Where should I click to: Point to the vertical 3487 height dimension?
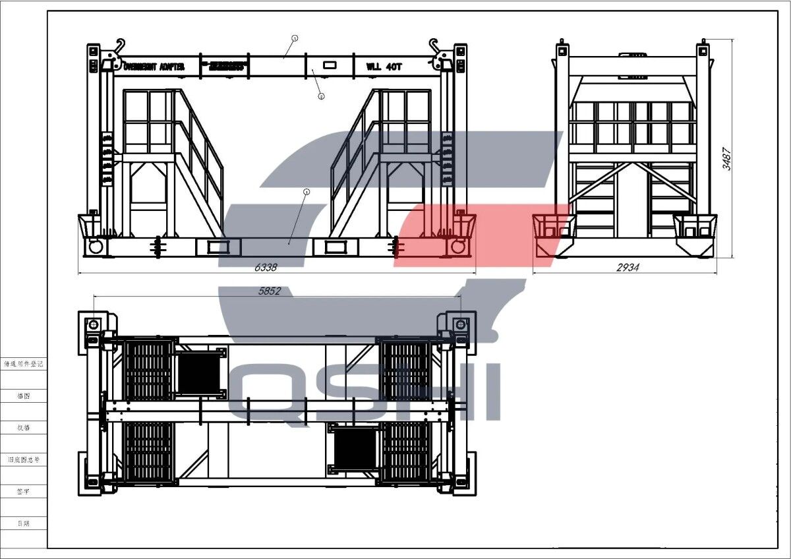pyautogui.click(x=726, y=158)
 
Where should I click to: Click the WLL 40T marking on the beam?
pyautogui.click(x=384, y=67)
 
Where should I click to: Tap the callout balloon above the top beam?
pyautogui.click(x=295, y=38)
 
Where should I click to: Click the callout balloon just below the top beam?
pyautogui.click(x=321, y=96)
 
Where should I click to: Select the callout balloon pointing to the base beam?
pyautogui.click(x=306, y=192)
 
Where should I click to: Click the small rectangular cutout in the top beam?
pyautogui.click(x=329, y=66)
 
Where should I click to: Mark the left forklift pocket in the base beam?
pyautogui.click(x=216, y=247)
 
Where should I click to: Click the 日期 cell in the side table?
pyautogui.click(x=23, y=523)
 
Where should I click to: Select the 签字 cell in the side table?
pyautogui.click(x=23, y=491)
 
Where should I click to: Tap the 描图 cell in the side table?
pyautogui.click(x=23, y=396)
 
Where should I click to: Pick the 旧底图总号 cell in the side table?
pyautogui.click(x=23, y=459)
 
